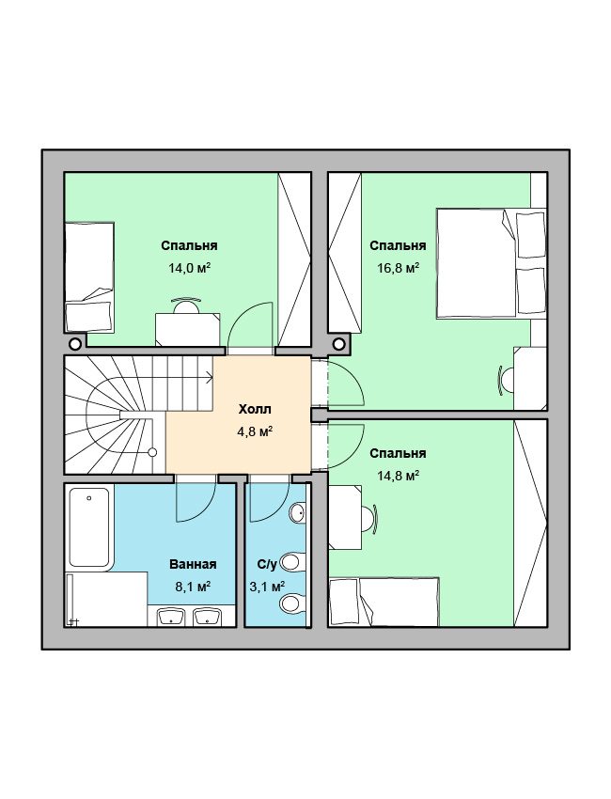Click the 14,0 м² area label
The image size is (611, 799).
tap(190, 268)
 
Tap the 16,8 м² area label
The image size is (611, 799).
tap(398, 268)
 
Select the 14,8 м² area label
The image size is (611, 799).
tap(398, 476)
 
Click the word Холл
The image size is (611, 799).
tap(255, 409)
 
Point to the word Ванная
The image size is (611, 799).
tap(193, 564)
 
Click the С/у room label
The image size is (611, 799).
tap(267, 564)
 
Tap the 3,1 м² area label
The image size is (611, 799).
tap(267, 587)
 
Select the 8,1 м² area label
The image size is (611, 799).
tap(193, 587)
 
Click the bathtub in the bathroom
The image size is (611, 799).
tap(89, 527)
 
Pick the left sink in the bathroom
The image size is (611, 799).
tap(171, 616)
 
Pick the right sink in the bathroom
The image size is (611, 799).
tap(208, 616)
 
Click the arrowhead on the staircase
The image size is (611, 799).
tap(209, 378)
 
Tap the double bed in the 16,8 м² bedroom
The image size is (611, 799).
tap(491, 263)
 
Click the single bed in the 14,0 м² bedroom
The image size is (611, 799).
tap(89, 277)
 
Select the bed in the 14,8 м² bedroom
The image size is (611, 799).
tap(384, 602)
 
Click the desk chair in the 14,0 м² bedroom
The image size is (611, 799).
tap(185, 305)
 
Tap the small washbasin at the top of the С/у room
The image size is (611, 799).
tap(298, 512)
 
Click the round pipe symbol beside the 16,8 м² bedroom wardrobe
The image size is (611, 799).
tap(338, 344)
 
